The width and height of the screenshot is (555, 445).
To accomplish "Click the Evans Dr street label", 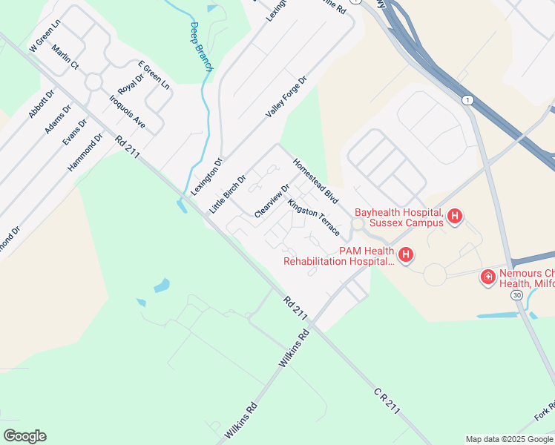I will click(76, 131).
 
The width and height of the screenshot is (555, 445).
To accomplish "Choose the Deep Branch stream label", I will click(200, 47).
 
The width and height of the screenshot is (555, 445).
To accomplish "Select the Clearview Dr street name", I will click(272, 201).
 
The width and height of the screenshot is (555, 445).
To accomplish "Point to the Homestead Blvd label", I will click(315, 181).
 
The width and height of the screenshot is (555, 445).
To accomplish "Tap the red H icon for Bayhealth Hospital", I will click(456, 217).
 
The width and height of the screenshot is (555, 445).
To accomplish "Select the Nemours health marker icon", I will click(488, 277).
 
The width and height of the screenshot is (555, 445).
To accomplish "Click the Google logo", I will click(24, 436).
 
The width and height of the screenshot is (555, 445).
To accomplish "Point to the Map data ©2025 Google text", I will click(508, 439).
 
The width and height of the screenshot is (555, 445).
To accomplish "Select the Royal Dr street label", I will click(131, 82).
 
